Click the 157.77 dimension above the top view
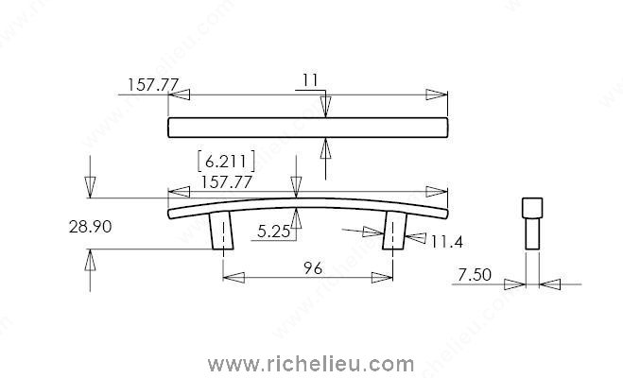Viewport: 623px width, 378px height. (153, 84)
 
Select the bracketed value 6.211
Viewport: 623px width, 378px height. (226, 162)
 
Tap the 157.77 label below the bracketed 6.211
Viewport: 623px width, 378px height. (226, 182)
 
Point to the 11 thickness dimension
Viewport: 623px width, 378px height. (310, 80)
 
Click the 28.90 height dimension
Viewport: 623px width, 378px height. (90, 227)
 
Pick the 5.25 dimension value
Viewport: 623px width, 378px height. (274, 232)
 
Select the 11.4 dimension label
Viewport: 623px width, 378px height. (446, 241)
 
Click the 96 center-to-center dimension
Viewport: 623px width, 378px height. (313, 268)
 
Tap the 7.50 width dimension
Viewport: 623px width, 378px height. (475, 275)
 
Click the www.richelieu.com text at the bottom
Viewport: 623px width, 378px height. (311, 364)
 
